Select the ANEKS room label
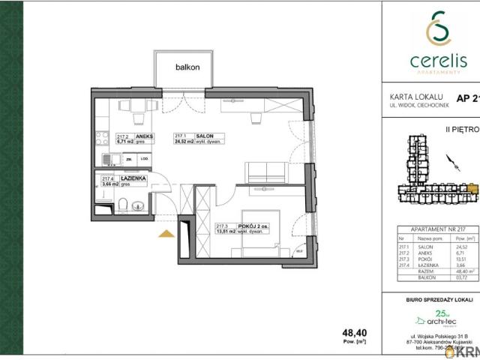tap(144, 136)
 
